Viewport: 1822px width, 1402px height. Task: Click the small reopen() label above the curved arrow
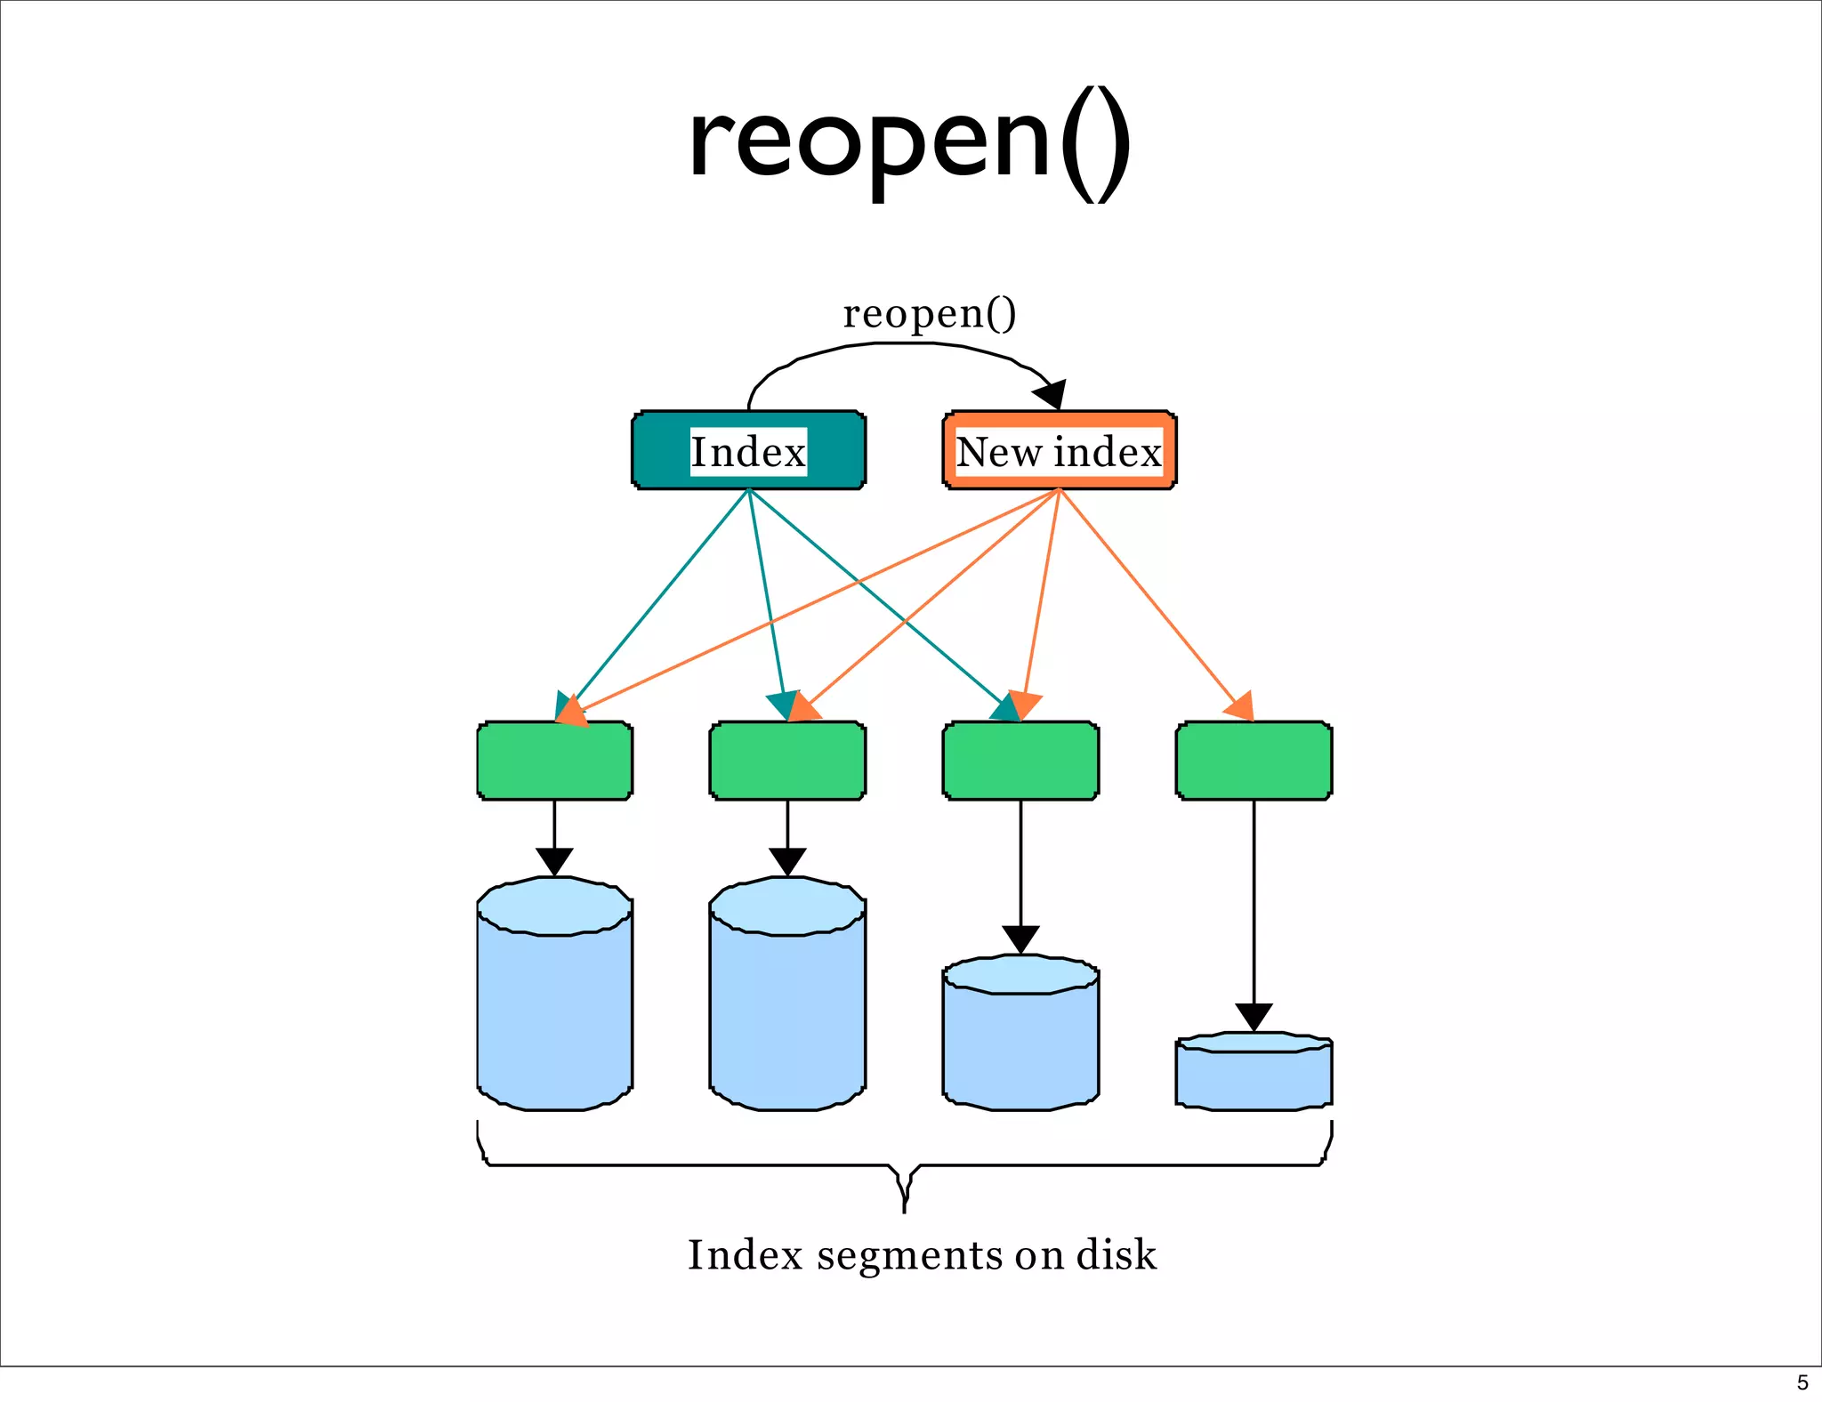929,313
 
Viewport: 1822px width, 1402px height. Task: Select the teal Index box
748,450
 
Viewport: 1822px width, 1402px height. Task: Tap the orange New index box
1059,450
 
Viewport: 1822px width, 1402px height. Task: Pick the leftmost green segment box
554,761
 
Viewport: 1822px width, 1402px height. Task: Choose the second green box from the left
787,761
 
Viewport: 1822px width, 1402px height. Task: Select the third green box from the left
1020,761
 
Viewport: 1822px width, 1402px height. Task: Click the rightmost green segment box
1254,761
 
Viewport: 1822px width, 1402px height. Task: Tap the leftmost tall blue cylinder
554,1005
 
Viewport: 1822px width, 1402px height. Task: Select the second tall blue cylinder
787,1005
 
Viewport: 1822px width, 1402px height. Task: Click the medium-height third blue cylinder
1020,1041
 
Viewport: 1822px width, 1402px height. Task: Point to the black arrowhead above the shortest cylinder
1254,1016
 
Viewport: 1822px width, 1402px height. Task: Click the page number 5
1802,1382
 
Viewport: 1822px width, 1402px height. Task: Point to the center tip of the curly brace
904,1208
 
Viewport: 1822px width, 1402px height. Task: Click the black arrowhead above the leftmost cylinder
554,860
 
